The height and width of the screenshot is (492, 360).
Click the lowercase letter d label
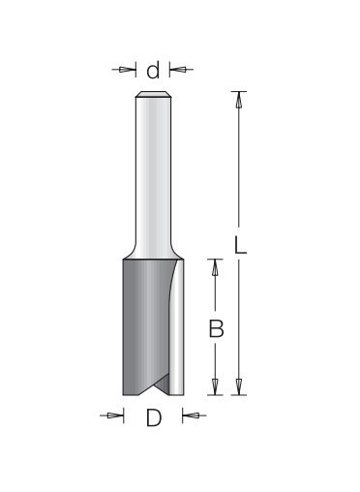coord(153,71)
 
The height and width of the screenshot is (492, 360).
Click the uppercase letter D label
coord(154,417)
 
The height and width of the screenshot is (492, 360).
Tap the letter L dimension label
coord(240,245)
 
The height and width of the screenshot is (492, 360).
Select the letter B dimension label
coord(216,328)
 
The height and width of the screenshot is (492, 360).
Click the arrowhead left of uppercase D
coord(115,415)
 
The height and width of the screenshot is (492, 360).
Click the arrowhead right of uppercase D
coord(191,415)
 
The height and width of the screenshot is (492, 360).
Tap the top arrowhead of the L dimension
coord(239,100)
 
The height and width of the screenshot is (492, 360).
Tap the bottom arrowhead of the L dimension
coord(239,386)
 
